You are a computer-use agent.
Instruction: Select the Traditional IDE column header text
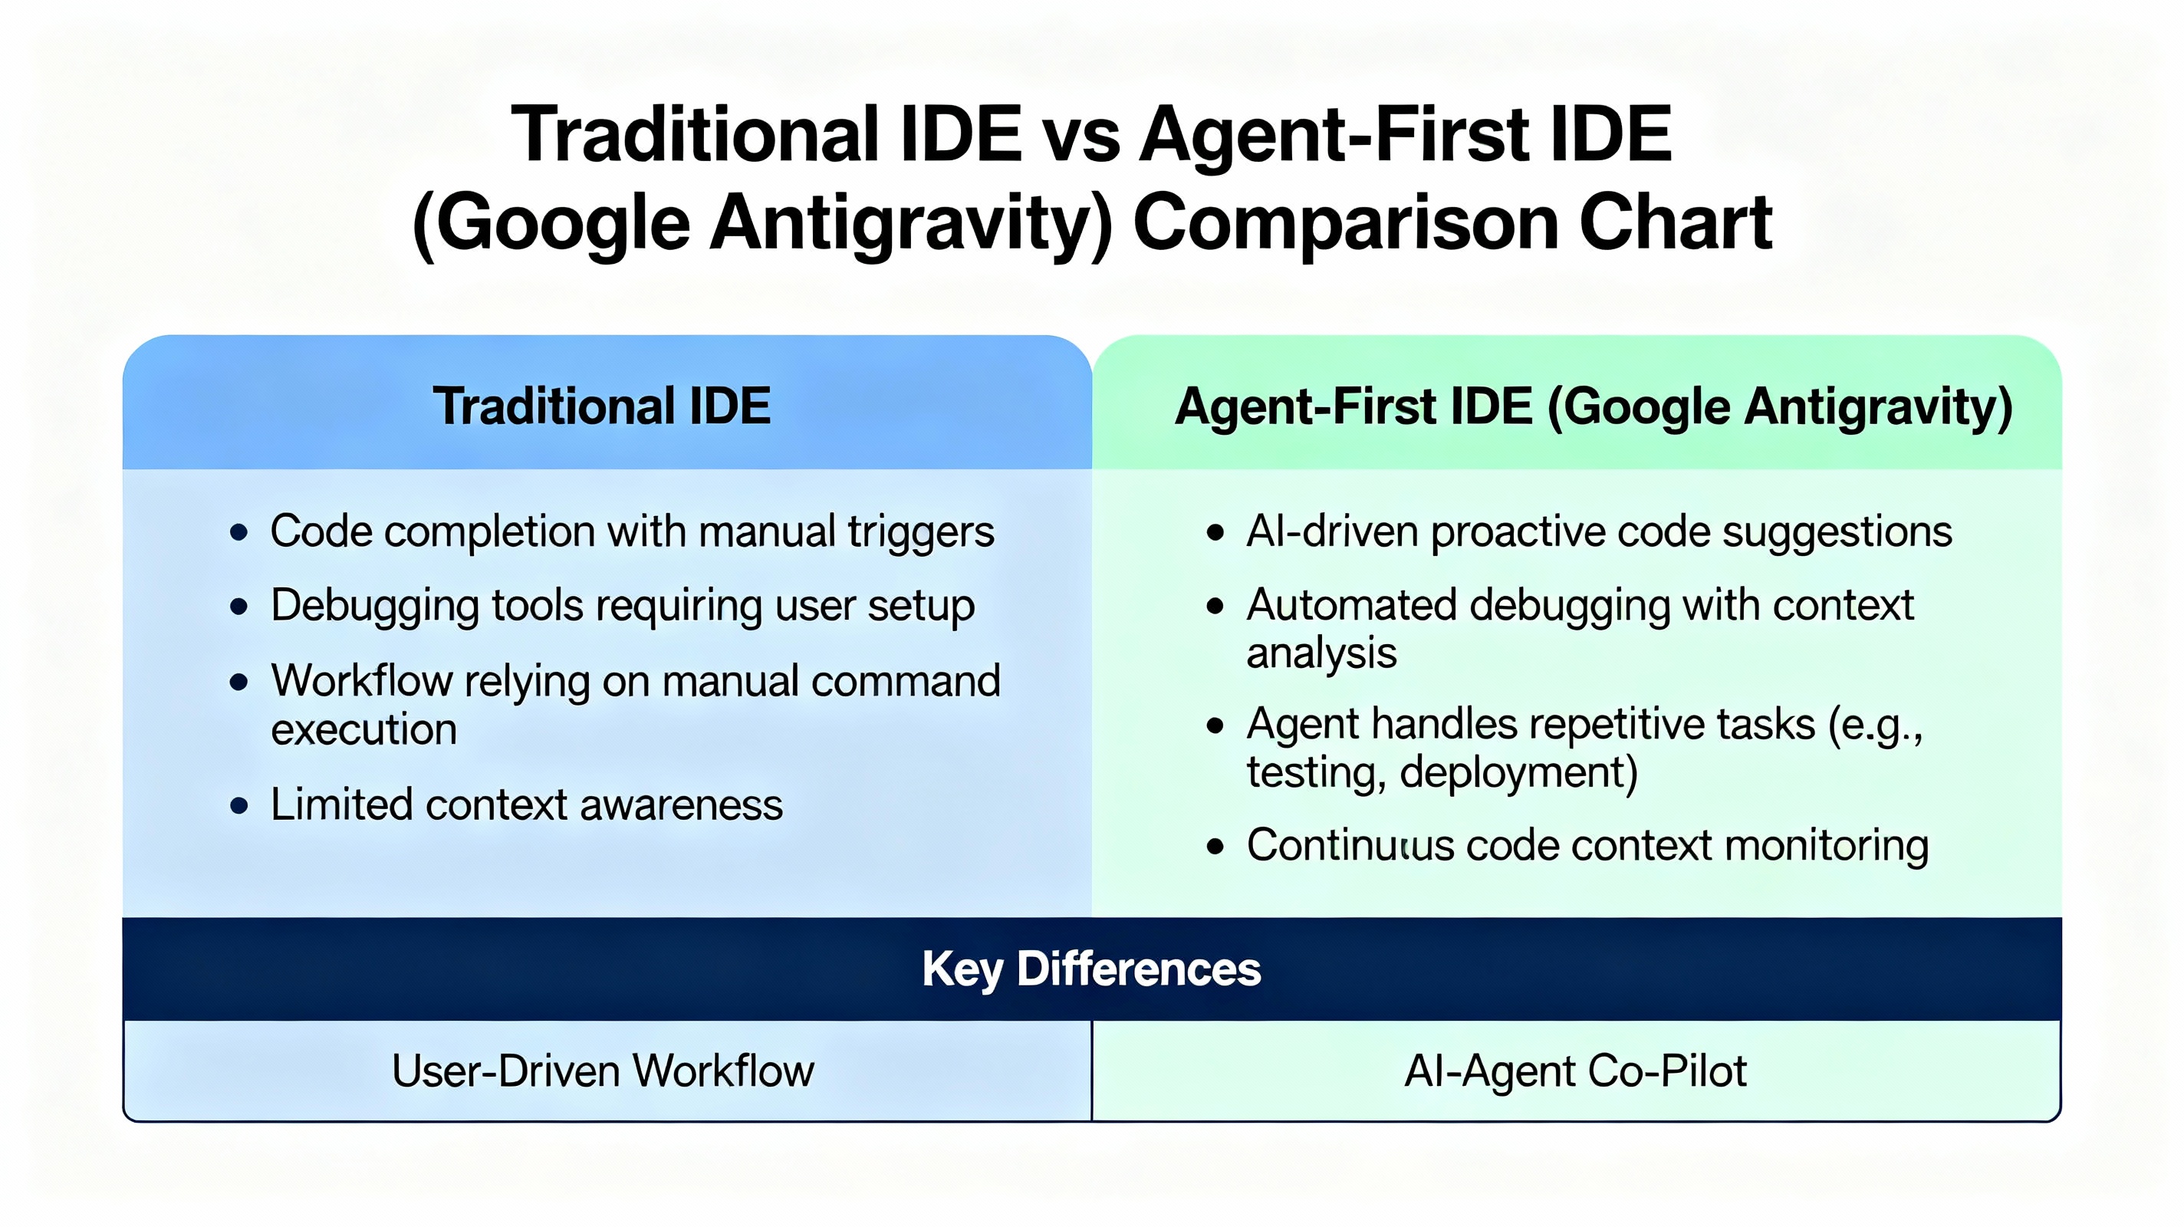(x=601, y=406)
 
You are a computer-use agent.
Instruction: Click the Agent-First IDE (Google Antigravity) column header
(x=1593, y=407)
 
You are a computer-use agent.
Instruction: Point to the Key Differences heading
(x=1091, y=969)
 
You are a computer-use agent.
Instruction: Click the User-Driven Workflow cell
(x=603, y=1071)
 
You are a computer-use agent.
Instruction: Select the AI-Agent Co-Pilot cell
(x=1575, y=1071)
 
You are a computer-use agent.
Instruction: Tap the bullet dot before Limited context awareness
(x=239, y=805)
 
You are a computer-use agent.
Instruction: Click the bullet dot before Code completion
(x=239, y=532)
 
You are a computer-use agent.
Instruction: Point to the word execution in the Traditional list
(x=363, y=729)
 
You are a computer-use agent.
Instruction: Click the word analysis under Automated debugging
(x=1321, y=653)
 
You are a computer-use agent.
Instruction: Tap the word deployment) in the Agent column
(x=1518, y=772)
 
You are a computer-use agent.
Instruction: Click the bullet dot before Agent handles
(x=1215, y=726)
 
